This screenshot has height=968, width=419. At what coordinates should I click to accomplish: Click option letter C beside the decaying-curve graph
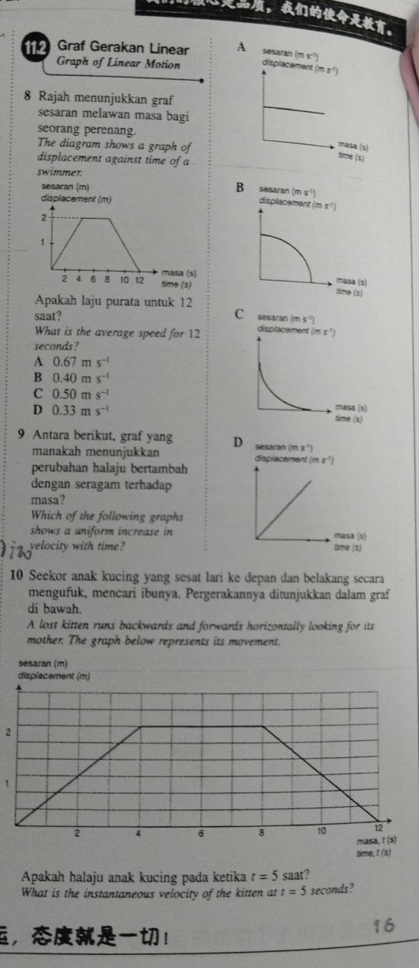tap(239, 312)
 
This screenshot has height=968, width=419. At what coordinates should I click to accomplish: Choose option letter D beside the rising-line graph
tap(239, 442)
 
